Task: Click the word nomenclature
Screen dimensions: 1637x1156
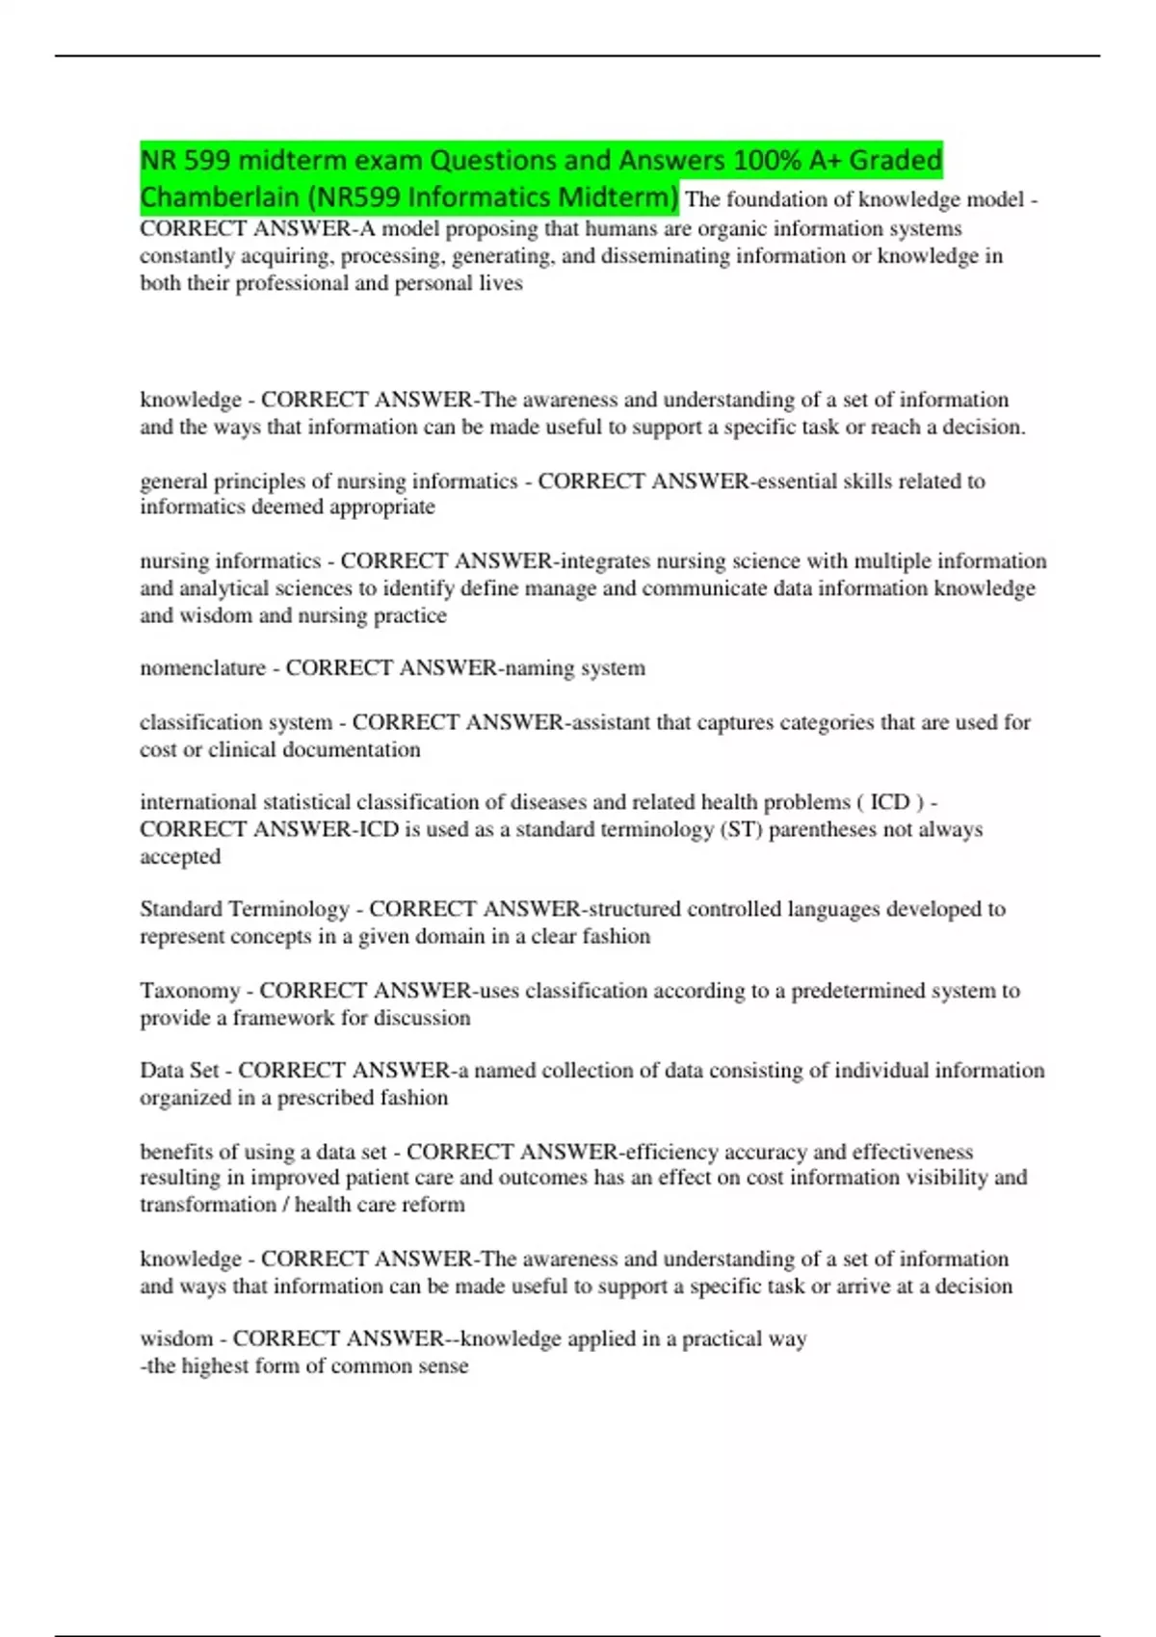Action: point(202,668)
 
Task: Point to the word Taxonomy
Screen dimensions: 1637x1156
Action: point(190,991)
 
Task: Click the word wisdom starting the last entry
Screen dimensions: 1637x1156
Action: point(176,1338)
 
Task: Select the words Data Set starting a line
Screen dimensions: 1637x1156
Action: point(179,1071)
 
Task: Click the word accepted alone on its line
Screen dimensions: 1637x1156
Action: point(180,856)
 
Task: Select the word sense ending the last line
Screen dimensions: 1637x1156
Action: point(443,1365)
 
